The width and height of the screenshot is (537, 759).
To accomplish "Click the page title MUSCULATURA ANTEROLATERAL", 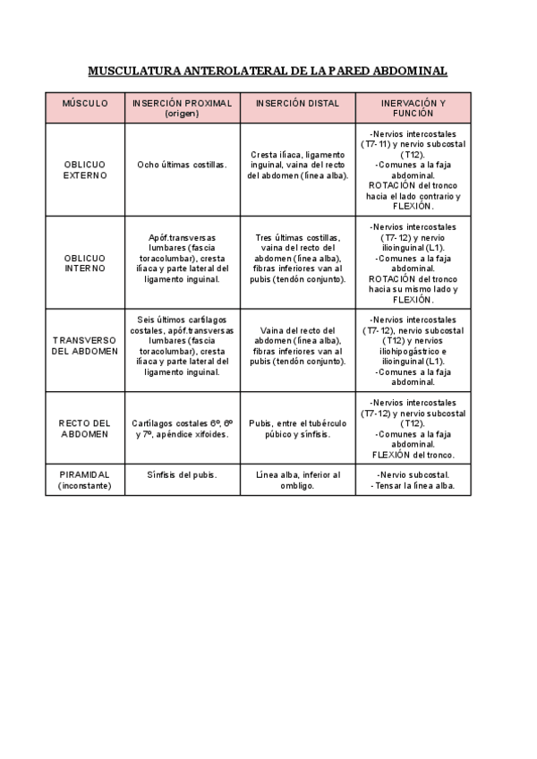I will tap(268, 70).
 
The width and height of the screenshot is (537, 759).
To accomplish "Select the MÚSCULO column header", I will tap(85, 103).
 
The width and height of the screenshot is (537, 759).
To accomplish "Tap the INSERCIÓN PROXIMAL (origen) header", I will tap(182, 108).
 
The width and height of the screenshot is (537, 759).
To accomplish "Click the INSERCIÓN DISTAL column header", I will tap(298, 103).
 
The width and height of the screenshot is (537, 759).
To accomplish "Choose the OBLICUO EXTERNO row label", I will tap(85, 170).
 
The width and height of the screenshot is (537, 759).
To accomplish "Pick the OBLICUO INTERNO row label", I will tap(85, 262).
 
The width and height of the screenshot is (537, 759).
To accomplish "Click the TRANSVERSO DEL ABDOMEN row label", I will tap(85, 345).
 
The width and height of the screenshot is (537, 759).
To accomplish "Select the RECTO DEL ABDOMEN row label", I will tap(85, 428).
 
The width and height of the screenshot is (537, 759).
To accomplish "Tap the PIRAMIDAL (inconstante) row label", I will tap(85, 480).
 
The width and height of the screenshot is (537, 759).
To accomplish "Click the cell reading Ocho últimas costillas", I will tap(182, 165).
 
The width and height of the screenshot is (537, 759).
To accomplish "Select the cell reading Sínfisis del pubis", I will tap(182, 474).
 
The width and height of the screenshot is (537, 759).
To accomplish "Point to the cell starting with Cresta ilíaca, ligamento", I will tap(298, 165).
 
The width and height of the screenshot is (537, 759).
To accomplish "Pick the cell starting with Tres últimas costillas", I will tap(298, 258).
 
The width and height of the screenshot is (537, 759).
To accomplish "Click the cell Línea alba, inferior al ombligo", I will tap(298, 480).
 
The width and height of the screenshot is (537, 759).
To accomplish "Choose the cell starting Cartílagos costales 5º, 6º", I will tap(182, 428).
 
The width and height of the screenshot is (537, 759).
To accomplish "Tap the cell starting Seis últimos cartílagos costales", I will tap(182, 345).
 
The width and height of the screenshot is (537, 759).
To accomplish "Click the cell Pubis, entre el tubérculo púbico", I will tap(298, 428).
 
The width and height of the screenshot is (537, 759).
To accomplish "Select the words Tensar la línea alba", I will tap(413, 486).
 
